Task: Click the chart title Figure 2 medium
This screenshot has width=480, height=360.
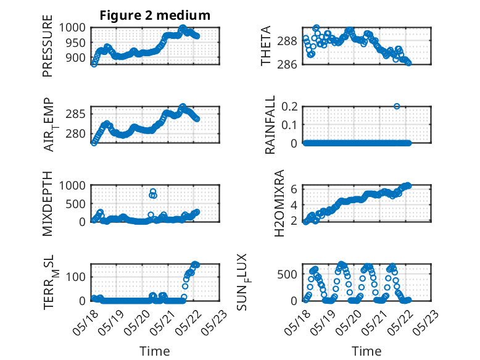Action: coord(155,15)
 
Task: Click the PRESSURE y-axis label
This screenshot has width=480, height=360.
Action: coord(48,46)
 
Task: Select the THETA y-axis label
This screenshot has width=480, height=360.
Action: coord(266,46)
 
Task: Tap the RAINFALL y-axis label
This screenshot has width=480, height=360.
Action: coord(270,125)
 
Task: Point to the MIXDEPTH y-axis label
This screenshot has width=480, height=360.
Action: coord(48,204)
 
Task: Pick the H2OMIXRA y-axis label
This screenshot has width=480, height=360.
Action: coord(279,203)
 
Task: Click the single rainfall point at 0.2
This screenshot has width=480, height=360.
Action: coord(397,106)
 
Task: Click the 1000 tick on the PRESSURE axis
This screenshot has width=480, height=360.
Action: coord(72,28)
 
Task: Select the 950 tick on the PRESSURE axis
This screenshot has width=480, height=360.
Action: coord(75,43)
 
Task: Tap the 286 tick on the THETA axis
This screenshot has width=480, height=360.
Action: coord(287,64)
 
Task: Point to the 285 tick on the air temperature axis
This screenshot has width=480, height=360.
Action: coord(75,114)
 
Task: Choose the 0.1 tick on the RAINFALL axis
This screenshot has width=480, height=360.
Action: coord(289,125)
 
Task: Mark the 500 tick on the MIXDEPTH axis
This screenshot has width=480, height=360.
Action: coord(75,204)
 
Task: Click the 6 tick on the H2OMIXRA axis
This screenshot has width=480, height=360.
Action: coord(294,189)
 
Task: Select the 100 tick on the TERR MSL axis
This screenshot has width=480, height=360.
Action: coord(75,277)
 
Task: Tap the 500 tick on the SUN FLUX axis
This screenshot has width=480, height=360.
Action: coord(287,274)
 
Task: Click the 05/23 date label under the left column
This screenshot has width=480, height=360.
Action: coord(215,322)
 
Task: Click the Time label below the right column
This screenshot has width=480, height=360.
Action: coord(366,351)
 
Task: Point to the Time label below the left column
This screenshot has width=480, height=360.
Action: coord(155,351)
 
